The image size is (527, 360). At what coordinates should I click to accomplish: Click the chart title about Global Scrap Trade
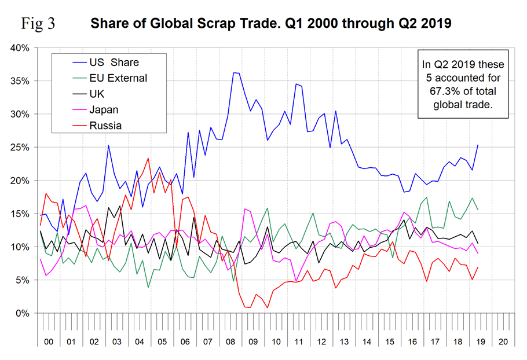point(270,25)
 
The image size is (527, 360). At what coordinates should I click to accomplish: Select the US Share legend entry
point(114,62)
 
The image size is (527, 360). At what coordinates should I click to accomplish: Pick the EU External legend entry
point(118,78)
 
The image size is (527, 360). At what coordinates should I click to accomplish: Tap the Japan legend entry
point(103,109)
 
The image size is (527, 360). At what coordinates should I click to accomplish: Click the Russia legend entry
point(105,124)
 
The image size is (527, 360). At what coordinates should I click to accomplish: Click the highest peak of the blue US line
point(233,73)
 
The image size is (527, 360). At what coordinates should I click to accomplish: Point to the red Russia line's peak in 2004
point(148,158)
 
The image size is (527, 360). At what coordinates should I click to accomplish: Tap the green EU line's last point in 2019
point(478,210)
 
